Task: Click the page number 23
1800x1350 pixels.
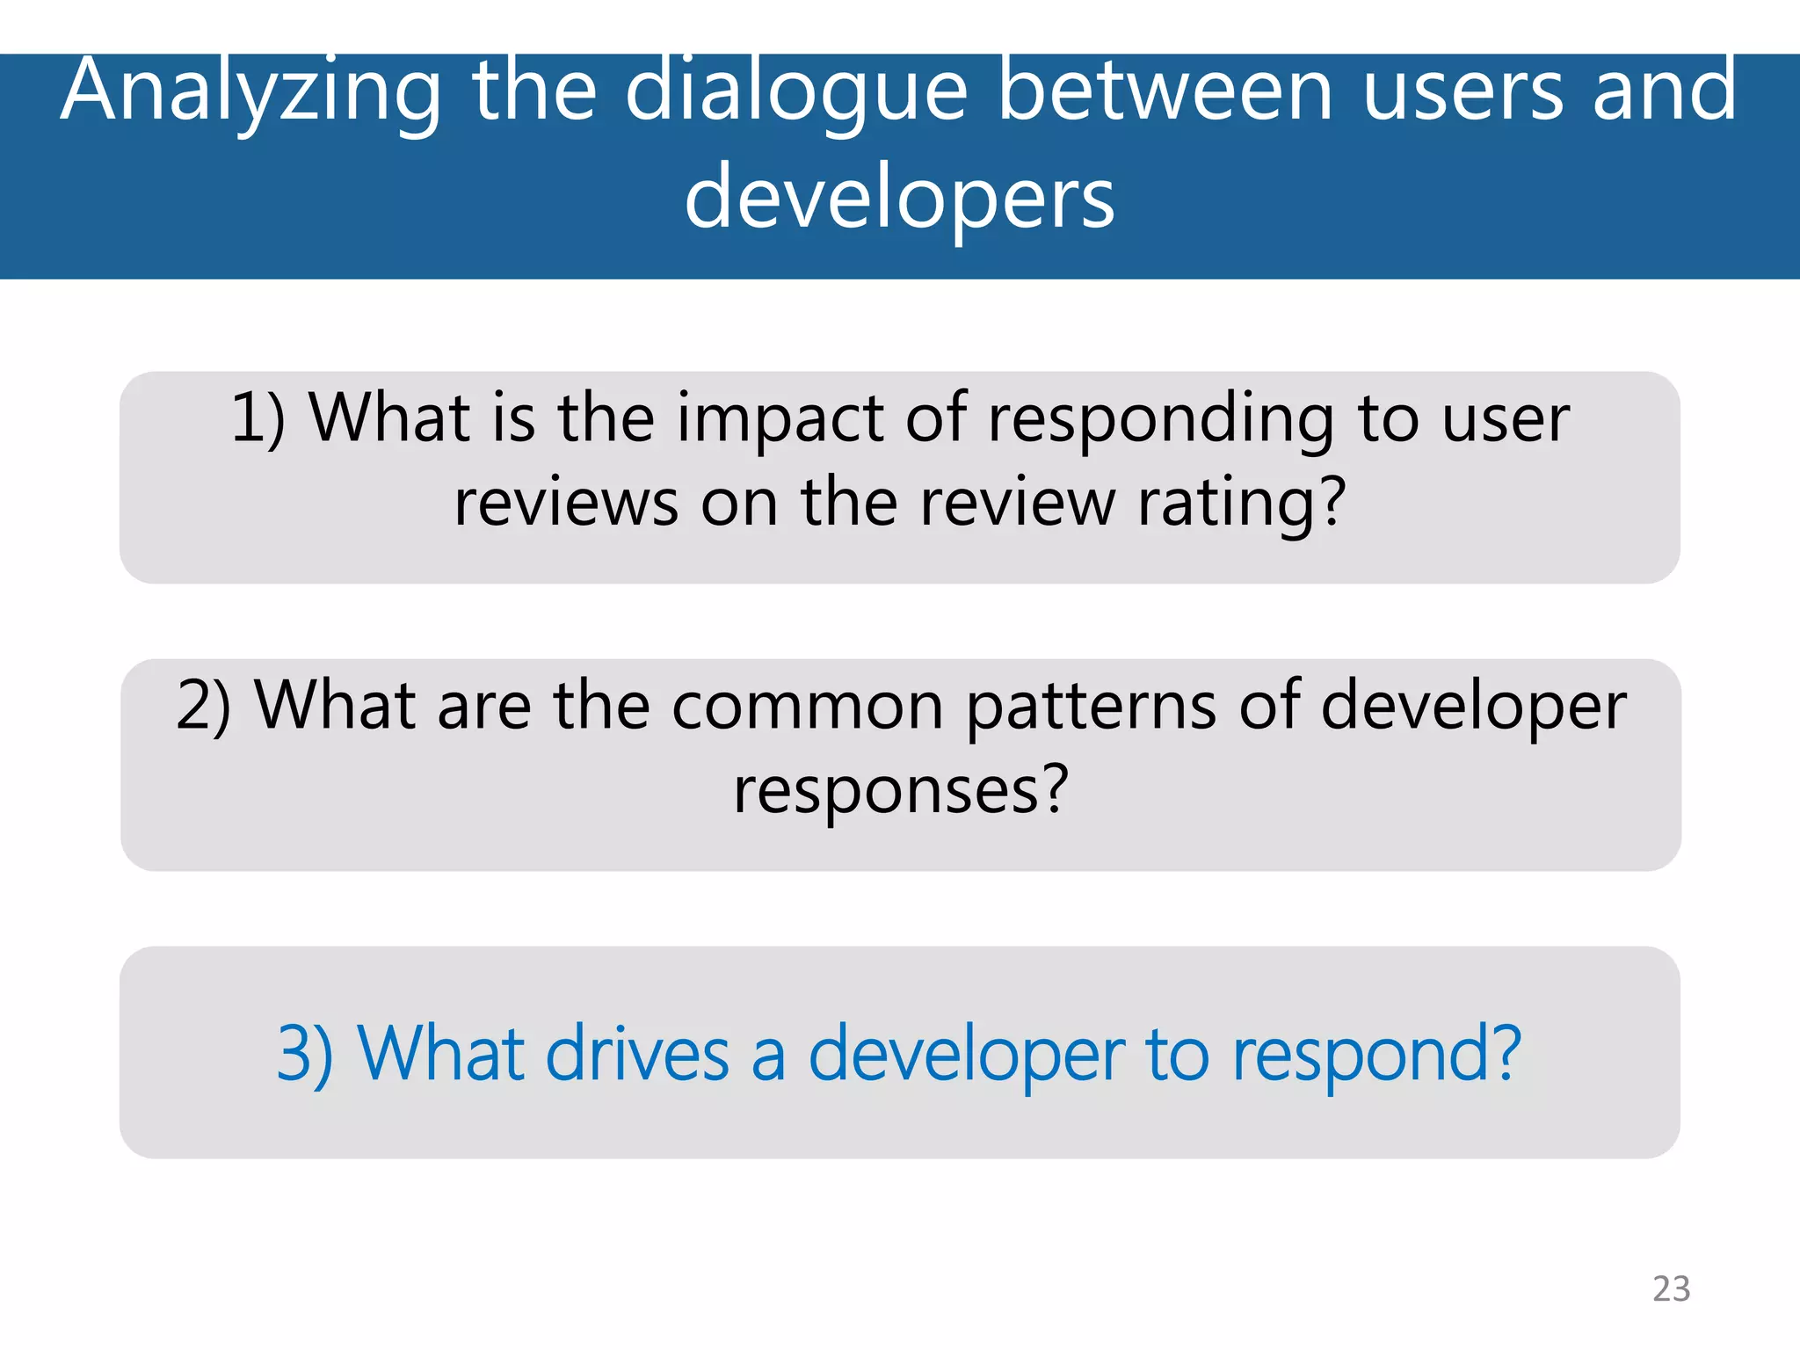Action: tap(1671, 1288)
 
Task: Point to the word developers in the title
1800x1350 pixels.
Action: tap(899, 199)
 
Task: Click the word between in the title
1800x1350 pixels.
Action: tap(1166, 91)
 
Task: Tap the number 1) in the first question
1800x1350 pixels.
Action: tap(258, 418)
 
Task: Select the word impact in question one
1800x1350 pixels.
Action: tap(779, 418)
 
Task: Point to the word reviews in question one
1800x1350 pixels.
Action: tap(566, 503)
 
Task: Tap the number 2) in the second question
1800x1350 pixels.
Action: tap(204, 706)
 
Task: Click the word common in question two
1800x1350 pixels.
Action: tap(807, 706)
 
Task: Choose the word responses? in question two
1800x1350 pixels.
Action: tap(901, 790)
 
